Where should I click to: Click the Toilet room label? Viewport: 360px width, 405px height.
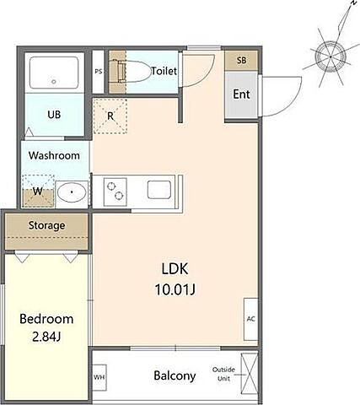point(164,71)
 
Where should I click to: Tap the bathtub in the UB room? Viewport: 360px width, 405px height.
point(54,73)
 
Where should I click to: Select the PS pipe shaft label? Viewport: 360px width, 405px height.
point(98,72)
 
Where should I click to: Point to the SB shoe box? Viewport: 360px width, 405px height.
point(241,60)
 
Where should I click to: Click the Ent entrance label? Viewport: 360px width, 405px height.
point(241,94)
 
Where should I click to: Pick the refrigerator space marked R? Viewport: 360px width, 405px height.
point(110,116)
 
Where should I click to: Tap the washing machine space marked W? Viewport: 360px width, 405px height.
point(38,191)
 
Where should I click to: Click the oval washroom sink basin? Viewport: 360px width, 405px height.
point(72,192)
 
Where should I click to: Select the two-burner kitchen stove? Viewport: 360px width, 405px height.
point(116,192)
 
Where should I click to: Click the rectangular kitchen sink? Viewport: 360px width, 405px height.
point(159,190)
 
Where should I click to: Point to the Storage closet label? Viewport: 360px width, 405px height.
point(46,225)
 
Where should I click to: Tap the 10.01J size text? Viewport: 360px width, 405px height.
point(175,289)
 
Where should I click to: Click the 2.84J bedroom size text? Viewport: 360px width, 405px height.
point(46,337)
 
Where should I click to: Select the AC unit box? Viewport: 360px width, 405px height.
point(250,319)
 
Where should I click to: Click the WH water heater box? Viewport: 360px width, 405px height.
point(99,377)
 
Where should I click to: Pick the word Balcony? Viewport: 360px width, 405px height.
point(175,375)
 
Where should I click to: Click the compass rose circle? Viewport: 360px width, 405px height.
point(330,57)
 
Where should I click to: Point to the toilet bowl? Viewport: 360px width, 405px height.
point(134,71)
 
